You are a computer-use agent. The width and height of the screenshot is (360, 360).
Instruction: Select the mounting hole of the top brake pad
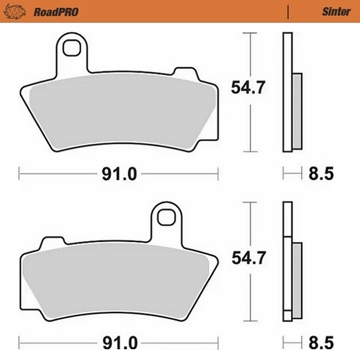click(x=71, y=48)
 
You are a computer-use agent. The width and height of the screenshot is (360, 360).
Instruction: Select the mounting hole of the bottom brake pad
click(x=166, y=215)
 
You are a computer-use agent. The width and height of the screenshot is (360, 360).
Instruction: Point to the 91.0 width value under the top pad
click(x=120, y=174)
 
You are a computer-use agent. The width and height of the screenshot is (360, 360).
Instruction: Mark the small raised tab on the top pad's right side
click(x=185, y=75)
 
